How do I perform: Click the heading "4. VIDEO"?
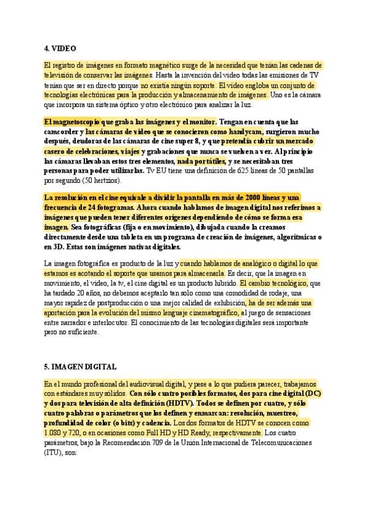click(x=60, y=48)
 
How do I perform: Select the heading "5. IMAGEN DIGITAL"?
click(x=80, y=367)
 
